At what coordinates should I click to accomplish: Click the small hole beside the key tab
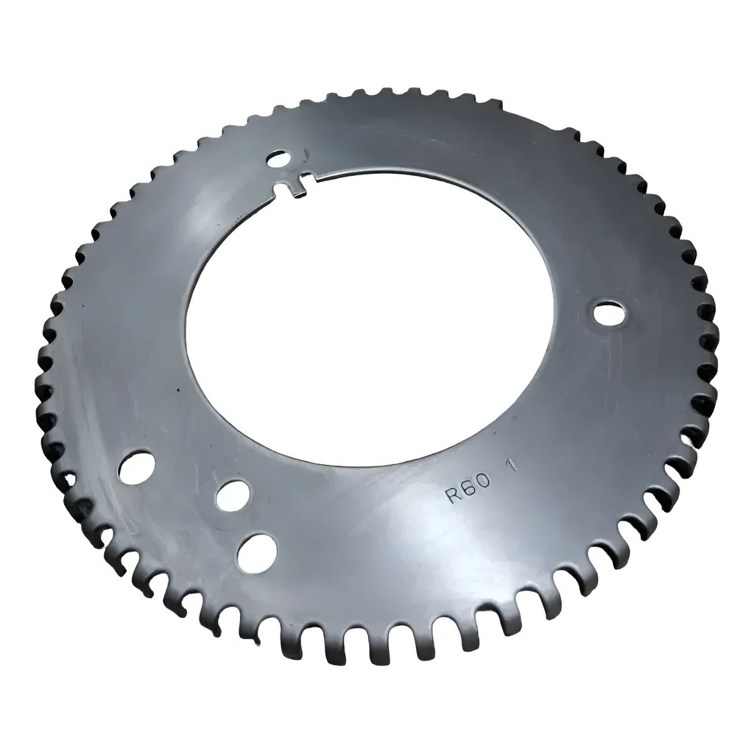coord(279,159)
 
